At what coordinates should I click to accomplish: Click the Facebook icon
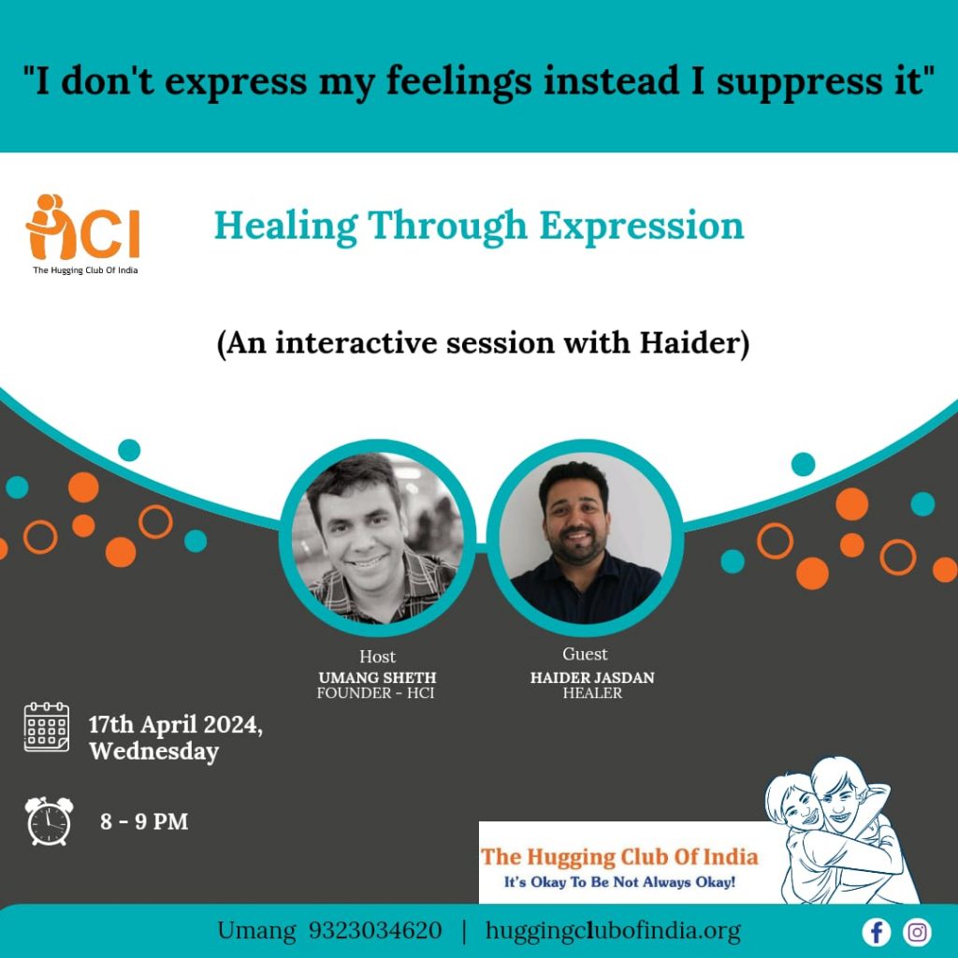click(876, 933)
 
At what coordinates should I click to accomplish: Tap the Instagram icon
click(917, 933)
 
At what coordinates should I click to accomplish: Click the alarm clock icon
click(49, 820)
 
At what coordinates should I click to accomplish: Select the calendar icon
click(47, 726)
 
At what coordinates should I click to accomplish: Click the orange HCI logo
click(83, 227)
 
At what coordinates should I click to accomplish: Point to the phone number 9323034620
click(374, 931)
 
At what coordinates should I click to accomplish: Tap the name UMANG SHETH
click(377, 677)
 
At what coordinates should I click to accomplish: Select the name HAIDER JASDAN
click(592, 677)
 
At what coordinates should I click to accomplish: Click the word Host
click(377, 656)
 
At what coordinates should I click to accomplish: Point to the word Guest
click(585, 654)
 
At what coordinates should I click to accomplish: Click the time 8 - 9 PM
click(144, 821)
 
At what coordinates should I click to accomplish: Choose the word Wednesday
click(154, 751)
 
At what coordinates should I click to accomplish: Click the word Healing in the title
click(286, 227)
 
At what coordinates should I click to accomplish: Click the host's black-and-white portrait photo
click(377, 538)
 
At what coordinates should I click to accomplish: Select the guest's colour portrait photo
click(585, 538)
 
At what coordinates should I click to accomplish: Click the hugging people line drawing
click(841, 831)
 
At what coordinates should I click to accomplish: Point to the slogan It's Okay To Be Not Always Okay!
click(619, 881)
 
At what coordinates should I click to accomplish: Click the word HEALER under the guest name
click(592, 693)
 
